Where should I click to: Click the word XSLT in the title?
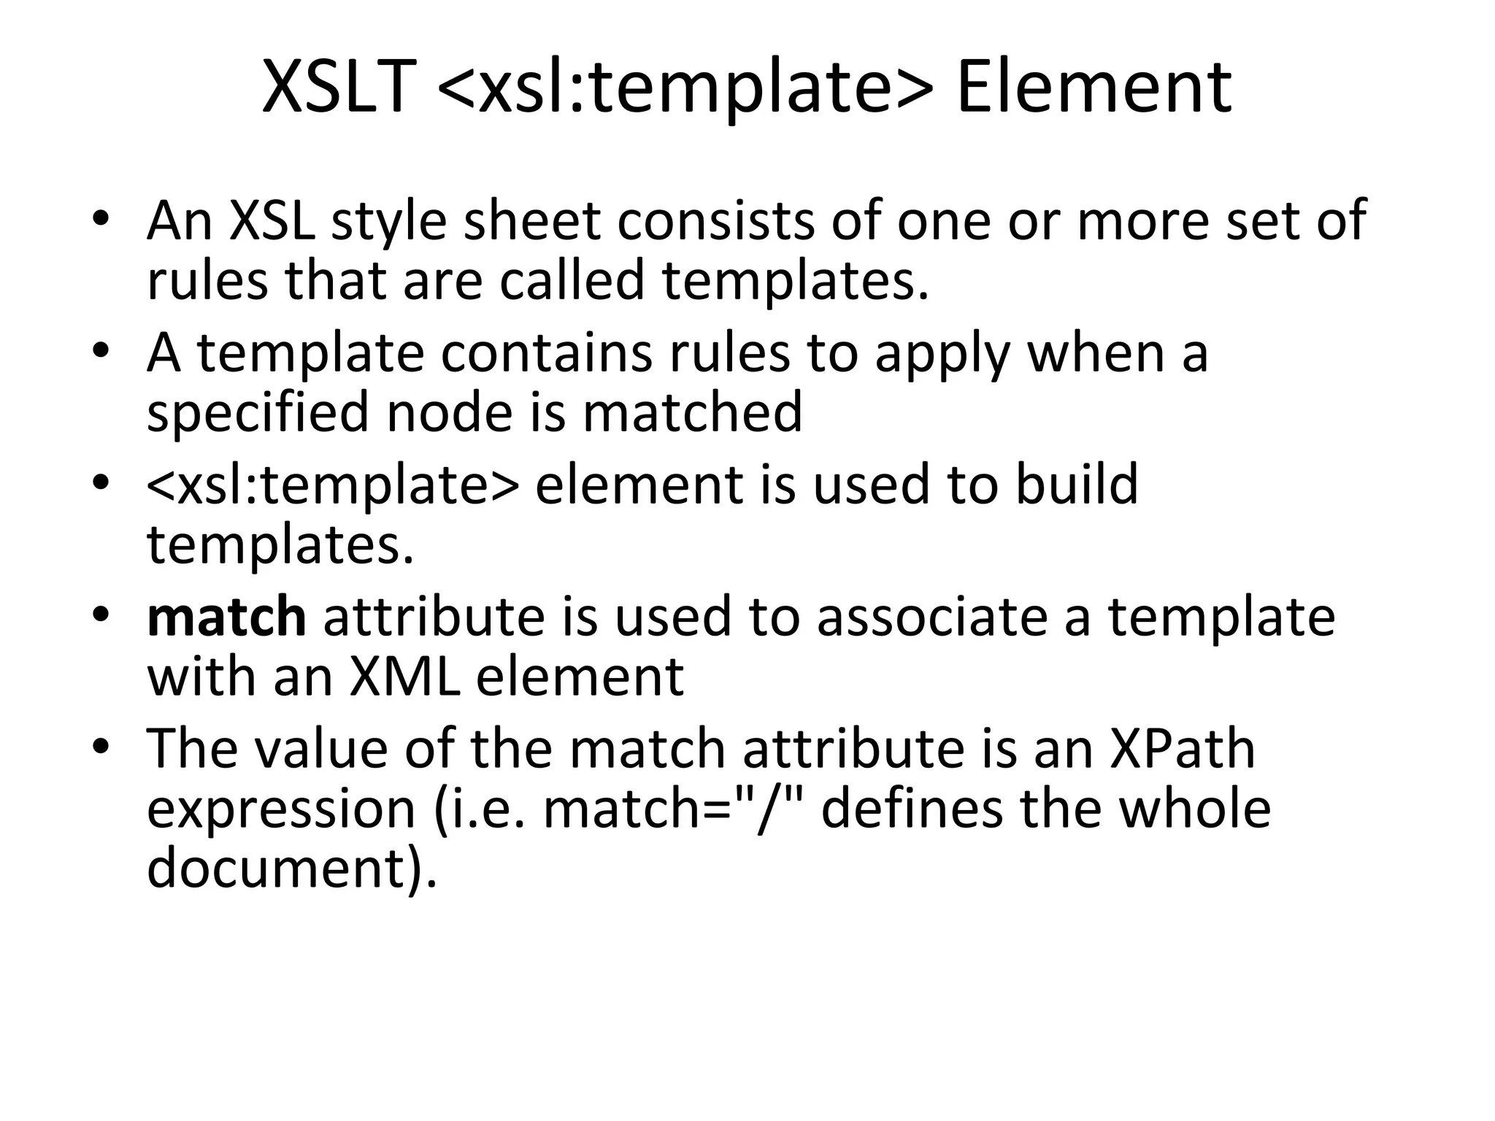coord(338,88)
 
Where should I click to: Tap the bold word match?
coord(226,617)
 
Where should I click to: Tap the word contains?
coord(545,353)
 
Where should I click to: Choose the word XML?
coord(404,677)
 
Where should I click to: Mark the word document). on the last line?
coord(292,868)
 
